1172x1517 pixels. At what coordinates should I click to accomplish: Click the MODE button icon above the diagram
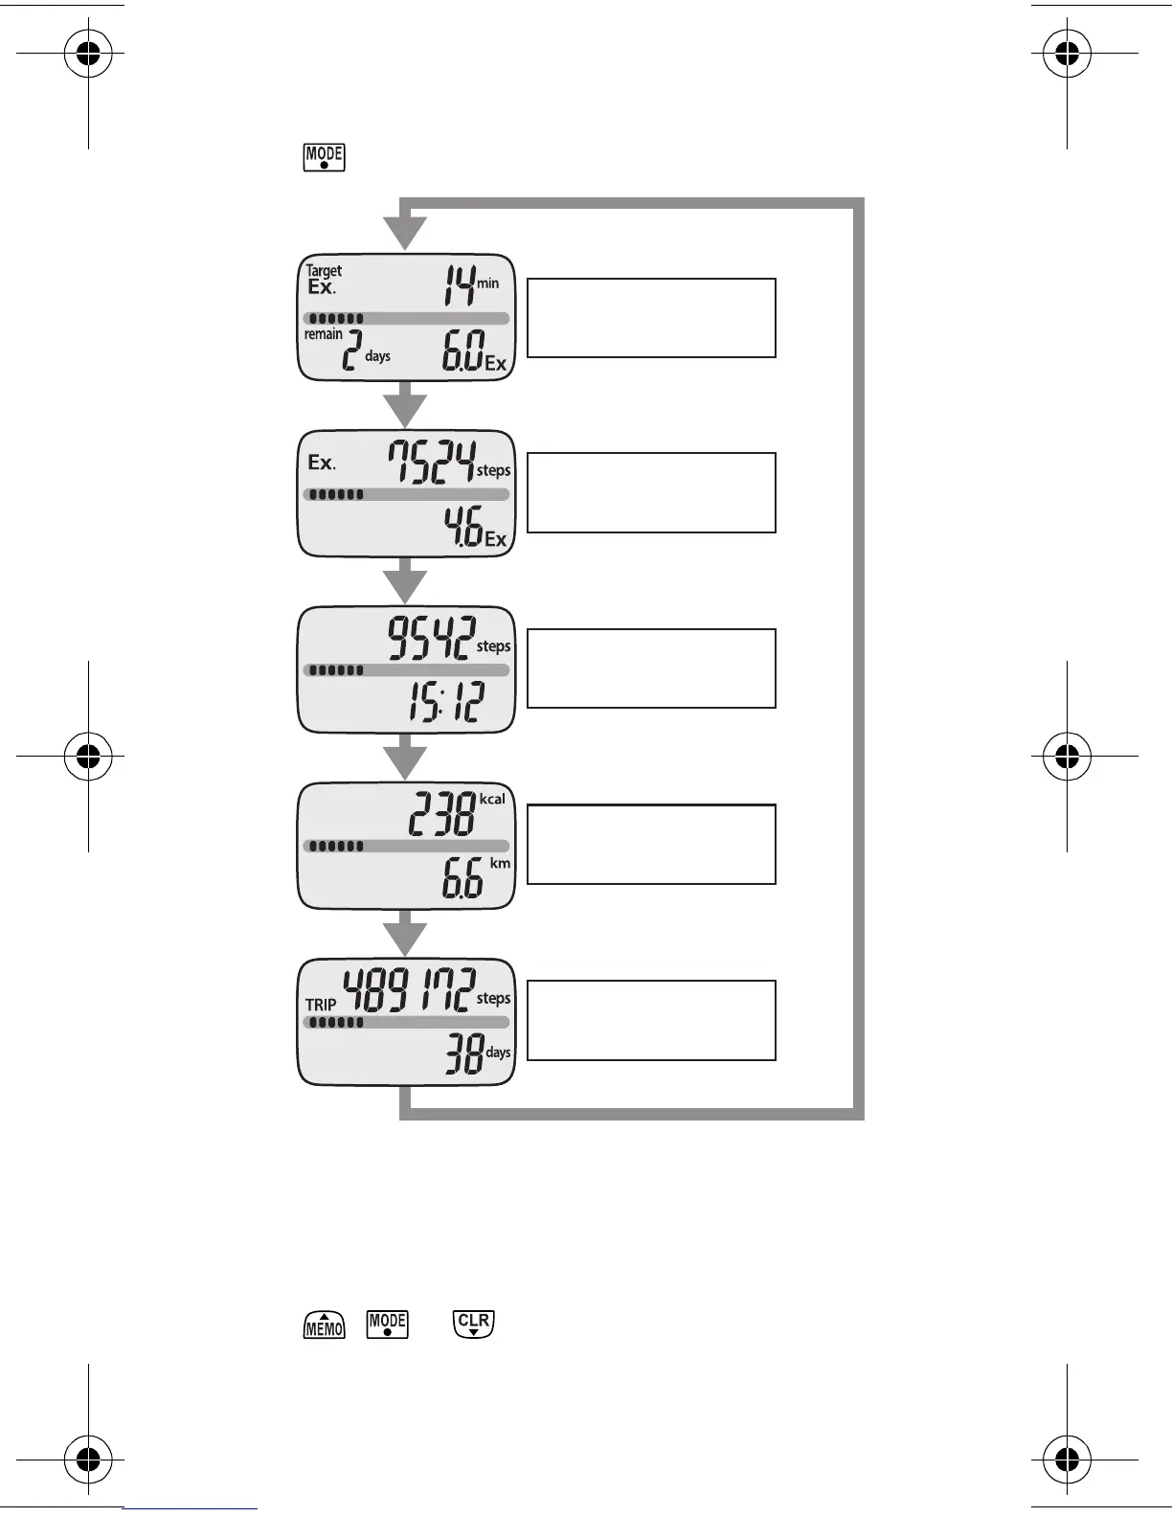pyautogui.click(x=324, y=157)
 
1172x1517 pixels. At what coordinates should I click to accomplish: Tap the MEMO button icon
pyautogui.click(x=325, y=1325)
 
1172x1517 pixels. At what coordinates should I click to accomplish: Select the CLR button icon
pyautogui.click(x=474, y=1325)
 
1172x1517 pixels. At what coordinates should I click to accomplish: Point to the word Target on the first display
pyautogui.click(x=324, y=271)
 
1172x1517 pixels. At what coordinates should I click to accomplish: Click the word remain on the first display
pyautogui.click(x=324, y=334)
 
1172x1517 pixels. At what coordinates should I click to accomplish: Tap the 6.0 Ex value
pyautogui.click(x=463, y=353)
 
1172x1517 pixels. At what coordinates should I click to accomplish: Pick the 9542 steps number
pyautogui.click(x=431, y=637)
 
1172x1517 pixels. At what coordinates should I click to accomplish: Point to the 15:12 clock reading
pyautogui.click(x=446, y=705)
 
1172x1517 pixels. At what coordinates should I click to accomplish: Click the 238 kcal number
pyautogui.click(x=442, y=817)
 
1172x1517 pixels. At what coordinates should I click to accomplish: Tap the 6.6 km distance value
pyautogui.click(x=463, y=881)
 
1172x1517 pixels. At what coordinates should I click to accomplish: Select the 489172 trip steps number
pyautogui.click(x=409, y=990)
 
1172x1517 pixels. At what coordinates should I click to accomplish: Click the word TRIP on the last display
pyautogui.click(x=321, y=1005)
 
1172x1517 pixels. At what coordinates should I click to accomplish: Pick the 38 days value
pyautogui.click(x=463, y=1057)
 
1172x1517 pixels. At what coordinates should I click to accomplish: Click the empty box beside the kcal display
pyautogui.click(x=651, y=844)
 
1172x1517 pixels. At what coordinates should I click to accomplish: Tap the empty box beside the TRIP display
pyautogui.click(x=651, y=1020)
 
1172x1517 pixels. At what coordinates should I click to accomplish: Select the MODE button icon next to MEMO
pyautogui.click(x=388, y=1325)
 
